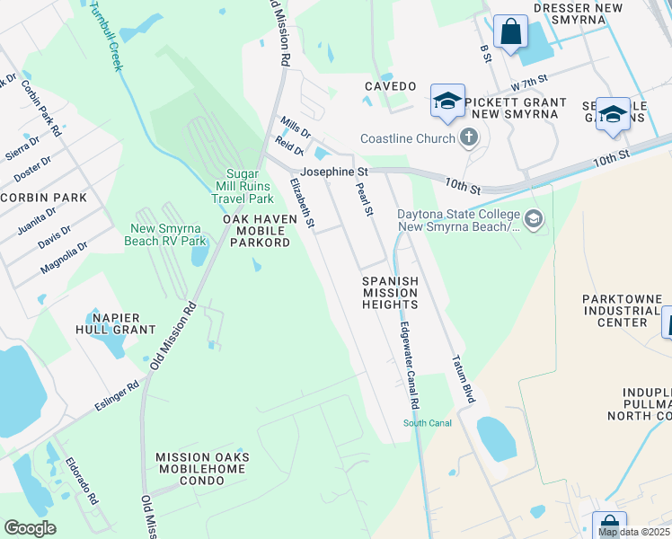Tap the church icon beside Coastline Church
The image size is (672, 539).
click(x=467, y=138)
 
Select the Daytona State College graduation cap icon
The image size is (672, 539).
click(x=534, y=219)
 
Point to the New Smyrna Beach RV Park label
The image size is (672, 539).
click(x=169, y=234)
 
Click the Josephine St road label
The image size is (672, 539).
click(x=334, y=171)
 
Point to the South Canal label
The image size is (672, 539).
click(x=427, y=423)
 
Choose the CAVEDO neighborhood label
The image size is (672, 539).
click(x=390, y=86)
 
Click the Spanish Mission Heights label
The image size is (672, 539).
click(x=390, y=293)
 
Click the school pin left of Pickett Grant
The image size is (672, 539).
click(x=447, y=101)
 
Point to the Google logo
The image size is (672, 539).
click(x=30, y=527)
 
